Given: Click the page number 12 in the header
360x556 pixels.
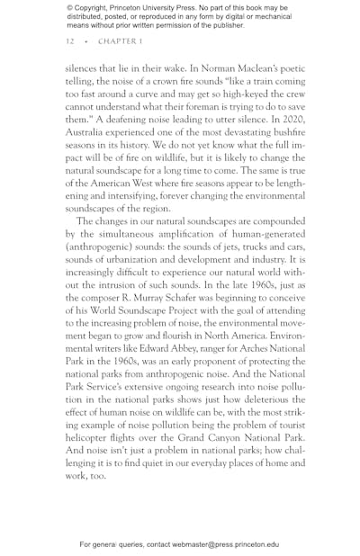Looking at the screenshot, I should point(69,41).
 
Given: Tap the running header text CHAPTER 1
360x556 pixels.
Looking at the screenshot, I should point(120,41).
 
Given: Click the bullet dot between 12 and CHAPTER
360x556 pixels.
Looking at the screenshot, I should point(86,41).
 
